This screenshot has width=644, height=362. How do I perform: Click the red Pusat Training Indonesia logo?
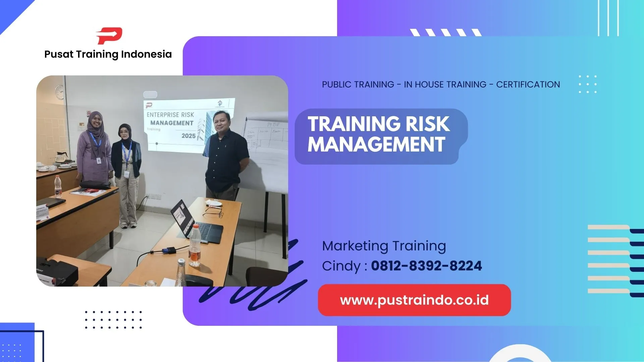pyautogui.click(x=109, y=36)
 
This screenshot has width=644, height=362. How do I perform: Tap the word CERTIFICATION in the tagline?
pyautogui.click(x=528, y=84)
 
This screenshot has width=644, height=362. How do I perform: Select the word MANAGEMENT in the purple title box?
pyautogui.click(x=376, y=144)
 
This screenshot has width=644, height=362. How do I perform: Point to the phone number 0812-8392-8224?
pyautogui.click(x=426, y=266)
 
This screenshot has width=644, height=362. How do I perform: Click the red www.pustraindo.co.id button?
pyautogui.click(x=414, y=300)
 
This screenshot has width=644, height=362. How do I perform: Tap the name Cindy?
pyautogui.click(x=341, y=266)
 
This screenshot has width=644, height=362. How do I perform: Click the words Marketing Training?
pyautogui.click(x=384, y=246)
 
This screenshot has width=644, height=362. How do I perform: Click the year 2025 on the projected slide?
pyautogui.click(x=189, y=136)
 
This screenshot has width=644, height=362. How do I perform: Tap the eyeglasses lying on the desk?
pyautogui.click(x=214, y=212)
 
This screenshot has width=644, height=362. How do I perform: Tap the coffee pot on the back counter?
pyautogui.click(x=62, y=157)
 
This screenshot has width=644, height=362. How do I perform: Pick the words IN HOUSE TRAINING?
pyautogui.click(x=445, y=84)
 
